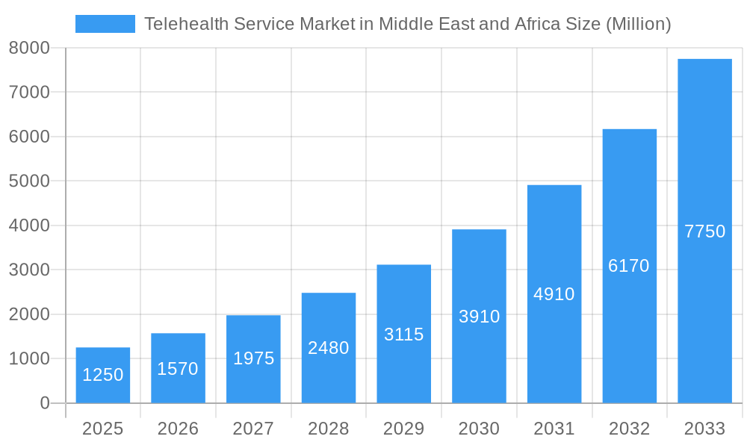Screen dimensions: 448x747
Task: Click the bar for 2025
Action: click(103, 375)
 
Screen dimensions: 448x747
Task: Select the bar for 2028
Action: click(329, 348)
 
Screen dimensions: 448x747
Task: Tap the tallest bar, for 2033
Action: click(704, 231)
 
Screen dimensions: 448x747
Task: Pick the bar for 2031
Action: click(554, 293)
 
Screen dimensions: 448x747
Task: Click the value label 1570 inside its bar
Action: click(178, 369)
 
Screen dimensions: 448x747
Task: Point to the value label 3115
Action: click(403, 335)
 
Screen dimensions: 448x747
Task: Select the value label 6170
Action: click(629, 266)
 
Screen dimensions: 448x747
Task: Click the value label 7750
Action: click(704, 231)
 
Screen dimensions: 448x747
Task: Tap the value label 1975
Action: click(253, 358)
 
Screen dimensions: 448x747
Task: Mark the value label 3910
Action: click(479, 317)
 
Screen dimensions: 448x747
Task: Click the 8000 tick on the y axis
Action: click(29, 48)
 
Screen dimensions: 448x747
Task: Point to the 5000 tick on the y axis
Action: click(29, 181)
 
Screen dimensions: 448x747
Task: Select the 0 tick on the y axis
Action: click(44, 403)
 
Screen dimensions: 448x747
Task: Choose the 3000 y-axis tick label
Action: click(29, 270)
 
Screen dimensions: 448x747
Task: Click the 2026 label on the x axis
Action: click(178, 429)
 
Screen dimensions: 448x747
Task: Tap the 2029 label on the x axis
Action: click(403, 429)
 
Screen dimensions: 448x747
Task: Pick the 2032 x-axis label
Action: click(629, 429)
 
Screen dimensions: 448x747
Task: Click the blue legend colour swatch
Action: click(105, 24)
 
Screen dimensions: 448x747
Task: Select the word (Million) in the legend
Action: click(638, 24)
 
